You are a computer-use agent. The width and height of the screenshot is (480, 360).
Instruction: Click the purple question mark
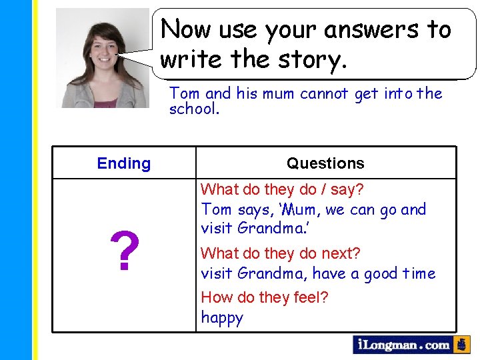125,252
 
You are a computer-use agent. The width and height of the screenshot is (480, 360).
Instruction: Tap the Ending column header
124,163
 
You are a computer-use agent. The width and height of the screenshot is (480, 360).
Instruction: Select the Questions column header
325,163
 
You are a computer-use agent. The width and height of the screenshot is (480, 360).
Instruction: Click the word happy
222,318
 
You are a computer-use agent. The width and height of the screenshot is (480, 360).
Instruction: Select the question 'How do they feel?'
264,297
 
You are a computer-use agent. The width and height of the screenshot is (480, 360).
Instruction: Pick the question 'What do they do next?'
280,253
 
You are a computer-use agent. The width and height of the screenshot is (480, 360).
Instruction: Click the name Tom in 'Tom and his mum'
183,93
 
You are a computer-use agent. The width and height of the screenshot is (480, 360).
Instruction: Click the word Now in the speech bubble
185,30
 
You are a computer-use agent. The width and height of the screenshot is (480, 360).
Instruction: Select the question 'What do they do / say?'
282,190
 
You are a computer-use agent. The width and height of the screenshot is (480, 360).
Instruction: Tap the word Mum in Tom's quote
303,210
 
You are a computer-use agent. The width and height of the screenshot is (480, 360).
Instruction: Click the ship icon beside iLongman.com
462,345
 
